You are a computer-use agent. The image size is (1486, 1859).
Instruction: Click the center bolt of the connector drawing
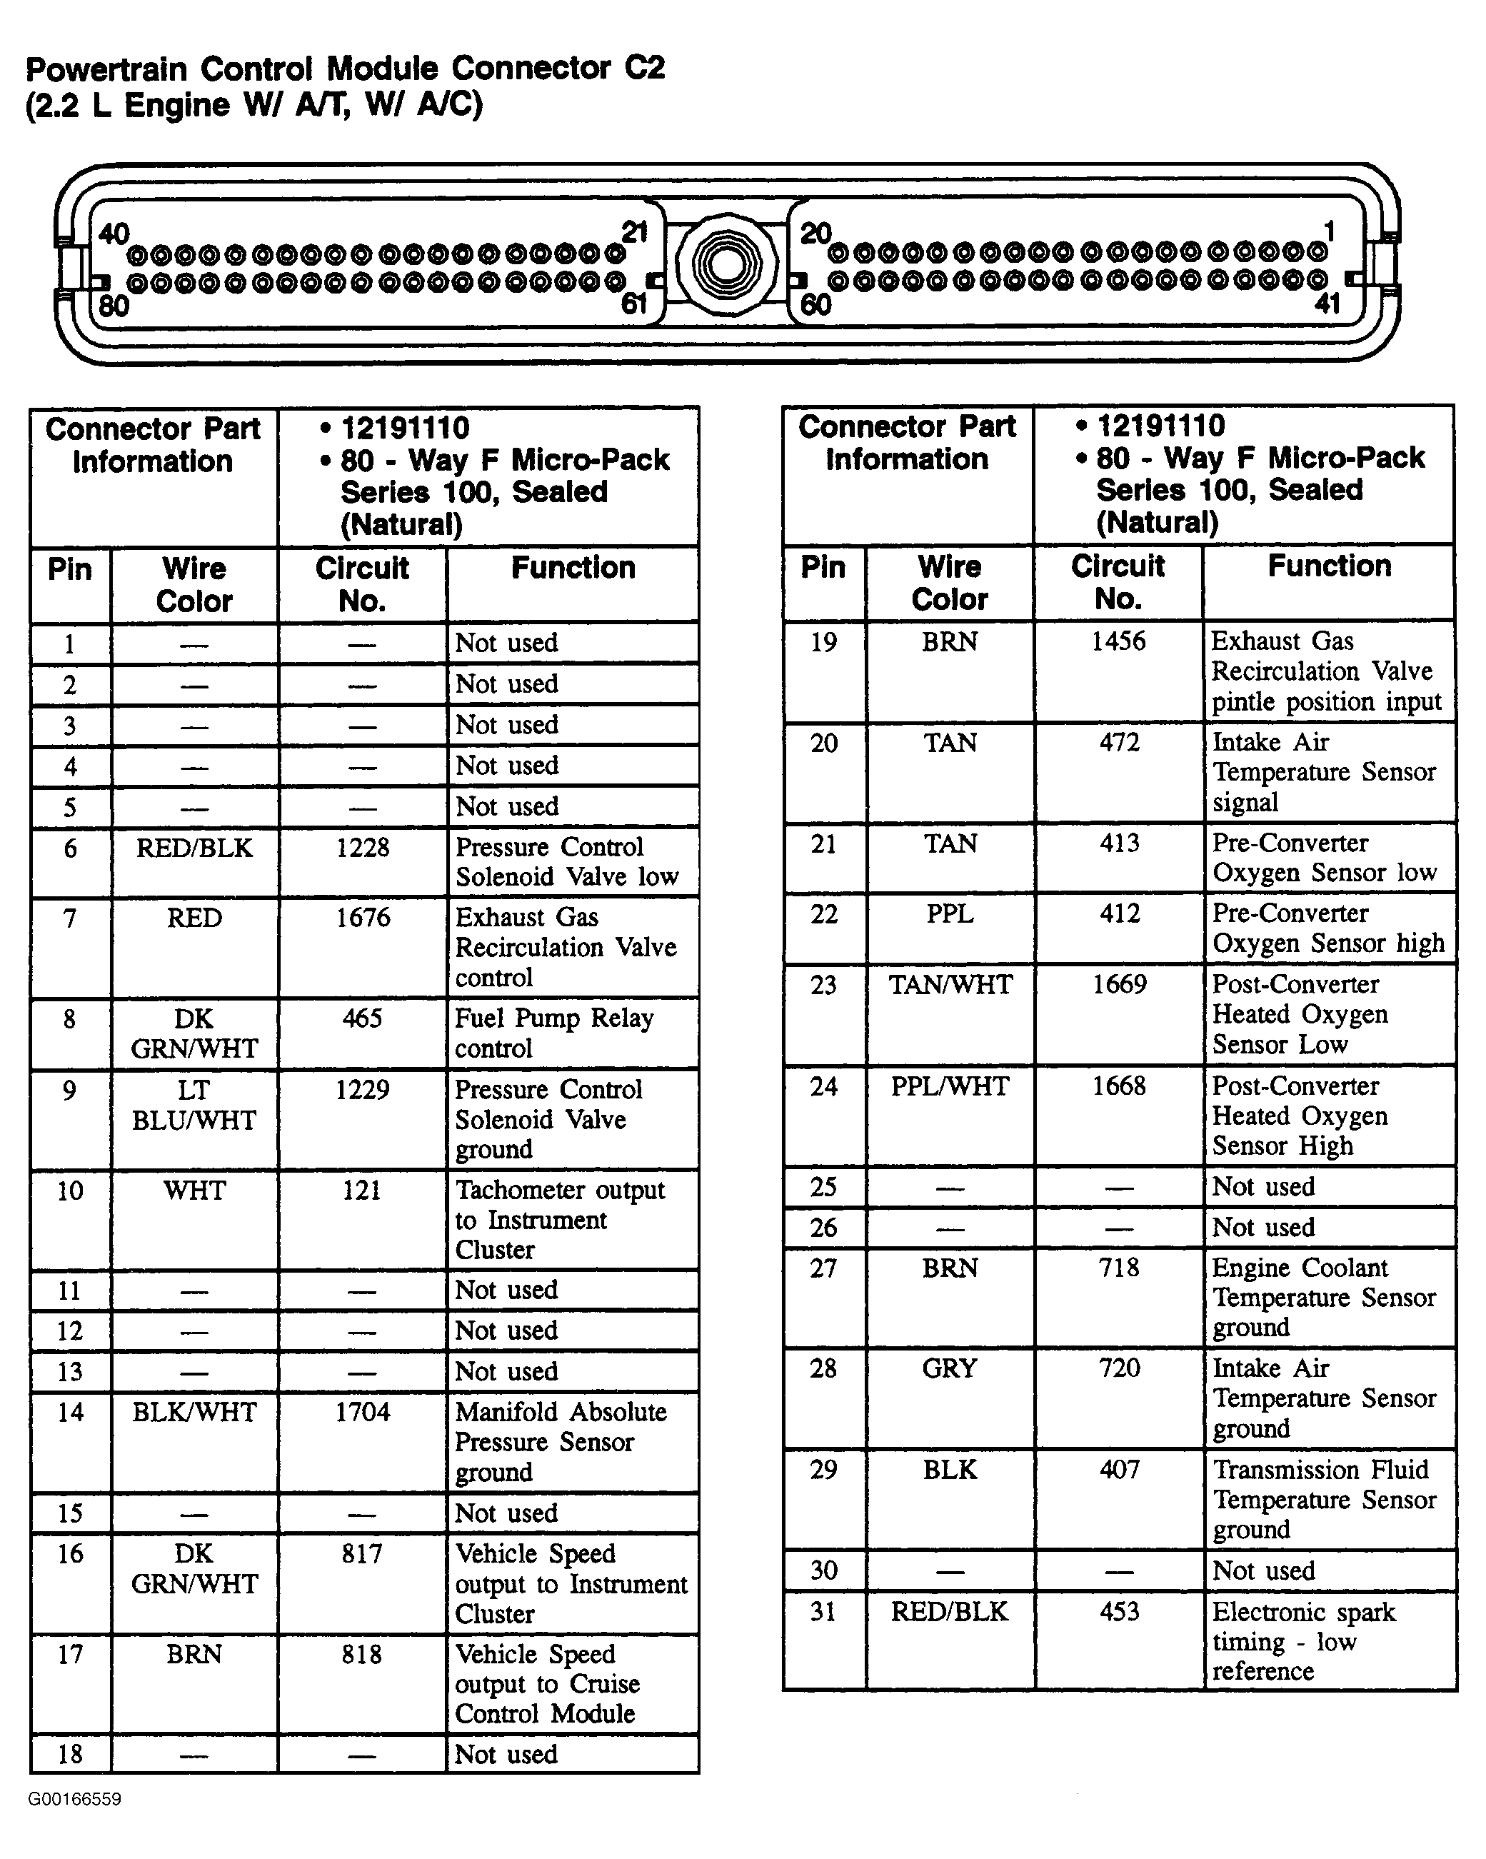727,264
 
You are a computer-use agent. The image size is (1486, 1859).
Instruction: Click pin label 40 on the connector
114,234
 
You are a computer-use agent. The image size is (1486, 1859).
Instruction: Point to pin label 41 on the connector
1327,303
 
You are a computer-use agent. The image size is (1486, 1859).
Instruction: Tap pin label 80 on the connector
113,305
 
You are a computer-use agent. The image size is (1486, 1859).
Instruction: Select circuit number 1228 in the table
362,848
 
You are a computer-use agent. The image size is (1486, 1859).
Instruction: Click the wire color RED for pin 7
194,918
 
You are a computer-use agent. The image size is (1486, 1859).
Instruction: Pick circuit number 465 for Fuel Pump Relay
362,1018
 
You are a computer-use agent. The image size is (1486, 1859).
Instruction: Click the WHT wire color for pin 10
194,1191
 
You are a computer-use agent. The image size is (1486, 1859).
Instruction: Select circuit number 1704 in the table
362,1413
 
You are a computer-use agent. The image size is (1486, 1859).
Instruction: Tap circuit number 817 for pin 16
362,1554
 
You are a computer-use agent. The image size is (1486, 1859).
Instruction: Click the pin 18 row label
70,1754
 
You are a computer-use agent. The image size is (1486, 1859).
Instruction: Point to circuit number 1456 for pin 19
1118,641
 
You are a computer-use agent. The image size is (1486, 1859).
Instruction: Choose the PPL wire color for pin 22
950,914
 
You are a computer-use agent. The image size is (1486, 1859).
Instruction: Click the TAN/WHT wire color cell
950,985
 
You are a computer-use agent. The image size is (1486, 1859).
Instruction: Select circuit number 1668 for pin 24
1119,1086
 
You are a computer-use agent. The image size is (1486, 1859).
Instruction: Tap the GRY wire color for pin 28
949,1368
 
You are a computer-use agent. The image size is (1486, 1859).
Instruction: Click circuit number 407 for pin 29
1119,1469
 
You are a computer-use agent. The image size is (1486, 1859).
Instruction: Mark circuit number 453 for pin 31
1119,1611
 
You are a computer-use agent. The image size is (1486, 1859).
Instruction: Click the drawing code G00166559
74,1798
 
